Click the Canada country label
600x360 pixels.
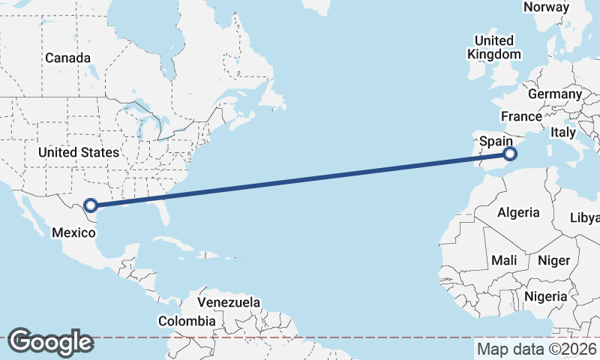[x=67, y=58]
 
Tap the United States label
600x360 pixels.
[x=79, y=152]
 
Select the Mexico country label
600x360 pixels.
[x=73, y=232]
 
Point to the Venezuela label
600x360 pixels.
[x=229, y=302]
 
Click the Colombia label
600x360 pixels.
[x=187, y=321]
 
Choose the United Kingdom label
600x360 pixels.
[x=493, y=47]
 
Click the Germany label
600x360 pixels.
[x=554, y=94]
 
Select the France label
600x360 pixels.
[x=521, y=116]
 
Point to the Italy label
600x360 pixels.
[x=562, y=132]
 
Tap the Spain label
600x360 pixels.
[x=496, y=140]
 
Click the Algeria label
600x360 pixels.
[x=518, y=212]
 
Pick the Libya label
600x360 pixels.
[x=585, y=217]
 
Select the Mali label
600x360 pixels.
[x=504, y=260]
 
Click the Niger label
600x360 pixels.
[x=554, y=260]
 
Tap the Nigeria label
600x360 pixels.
[x=545, y=296]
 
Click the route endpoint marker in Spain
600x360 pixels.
[x=510, y=154]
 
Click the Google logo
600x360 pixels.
[x=50, y=342]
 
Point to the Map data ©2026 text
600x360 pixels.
[x=537, y=349]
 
